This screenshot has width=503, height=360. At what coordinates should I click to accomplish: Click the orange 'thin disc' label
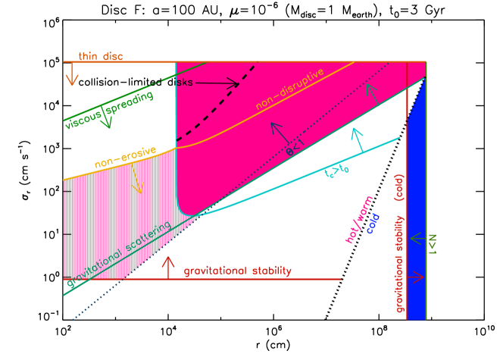click(x=101, y=56)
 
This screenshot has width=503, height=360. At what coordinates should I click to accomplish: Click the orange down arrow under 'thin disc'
click(x=72, y=74)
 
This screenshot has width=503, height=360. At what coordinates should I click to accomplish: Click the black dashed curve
click(x=227, y=99)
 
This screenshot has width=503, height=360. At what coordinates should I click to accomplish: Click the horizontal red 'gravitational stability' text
click(x=237, y=271)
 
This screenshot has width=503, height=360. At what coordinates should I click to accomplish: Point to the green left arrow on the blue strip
click(x=416, y=238)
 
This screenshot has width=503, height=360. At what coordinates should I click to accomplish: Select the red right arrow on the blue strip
click(x=416, y=278)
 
